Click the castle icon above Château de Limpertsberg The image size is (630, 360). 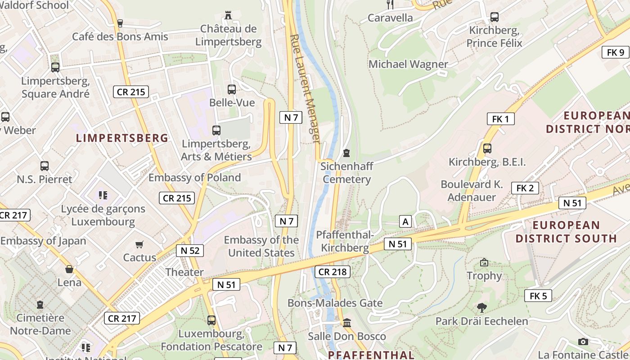(228, 15)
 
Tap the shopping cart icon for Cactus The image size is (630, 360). (139, 245)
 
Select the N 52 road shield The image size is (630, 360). (190, 251)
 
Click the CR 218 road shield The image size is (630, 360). (333, 272)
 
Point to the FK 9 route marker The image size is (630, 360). (615, 52)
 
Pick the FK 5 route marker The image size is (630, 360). (538, 296)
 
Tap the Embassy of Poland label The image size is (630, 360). (195, 178)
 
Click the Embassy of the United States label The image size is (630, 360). (261, 246)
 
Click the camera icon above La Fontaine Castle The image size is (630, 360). (583, 342)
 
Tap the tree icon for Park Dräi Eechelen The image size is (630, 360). (482, 308)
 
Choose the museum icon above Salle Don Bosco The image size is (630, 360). (347, 323)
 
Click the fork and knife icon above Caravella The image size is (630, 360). (390, 4)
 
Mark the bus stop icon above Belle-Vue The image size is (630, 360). (232, 90)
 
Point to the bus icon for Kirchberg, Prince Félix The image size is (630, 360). (495, 18)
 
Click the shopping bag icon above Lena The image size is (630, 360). (69, 270)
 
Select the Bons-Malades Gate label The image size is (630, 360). (335, 303)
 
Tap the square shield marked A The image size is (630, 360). (405, 221)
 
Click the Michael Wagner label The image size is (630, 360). (408, 64)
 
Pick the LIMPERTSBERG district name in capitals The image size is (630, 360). (122, 138)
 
